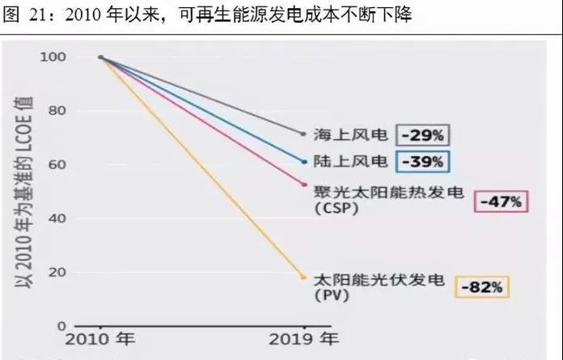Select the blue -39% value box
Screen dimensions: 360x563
point(422,161)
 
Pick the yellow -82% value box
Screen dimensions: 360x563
point(483,286)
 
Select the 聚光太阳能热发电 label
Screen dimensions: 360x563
point(378,192)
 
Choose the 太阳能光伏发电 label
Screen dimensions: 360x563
point(378,280)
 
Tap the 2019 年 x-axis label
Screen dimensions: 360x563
point(303,341)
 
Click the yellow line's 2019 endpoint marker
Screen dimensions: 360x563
point(303,277)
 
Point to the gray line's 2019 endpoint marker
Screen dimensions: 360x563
point(303,133)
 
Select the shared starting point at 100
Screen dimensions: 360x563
point(100,57)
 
